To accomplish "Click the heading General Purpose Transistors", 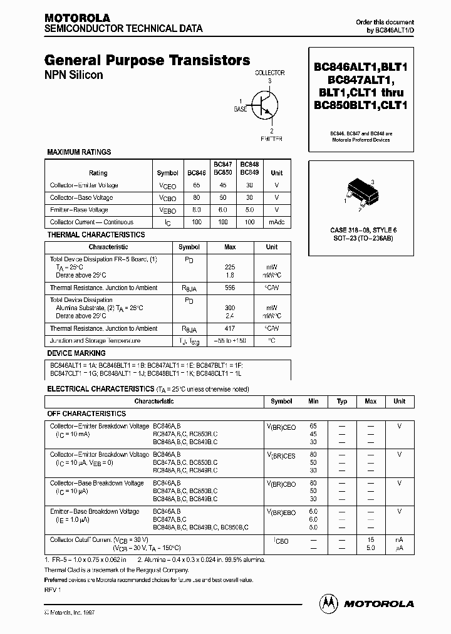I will pos(147,60).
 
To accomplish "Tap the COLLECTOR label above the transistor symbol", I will pos(269,73).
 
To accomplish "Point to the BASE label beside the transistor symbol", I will pos(241,109).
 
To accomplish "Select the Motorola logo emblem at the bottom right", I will pos(328,603).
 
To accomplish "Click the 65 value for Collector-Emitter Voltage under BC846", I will pos(196,185).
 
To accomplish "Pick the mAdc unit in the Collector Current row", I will pos(276,222).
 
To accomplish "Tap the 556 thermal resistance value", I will pos(229,288).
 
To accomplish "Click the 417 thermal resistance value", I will pos(229,328).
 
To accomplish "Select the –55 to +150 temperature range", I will pos(229,341).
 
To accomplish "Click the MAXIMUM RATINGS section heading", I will pos(79,152).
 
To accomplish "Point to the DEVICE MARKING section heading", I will pos(76,353).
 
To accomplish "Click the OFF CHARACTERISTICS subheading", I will pos(86,413).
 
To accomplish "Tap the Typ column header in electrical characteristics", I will pos(342,401).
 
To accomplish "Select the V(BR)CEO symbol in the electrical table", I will pos(281,427).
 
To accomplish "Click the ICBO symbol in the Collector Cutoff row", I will pos(281,541).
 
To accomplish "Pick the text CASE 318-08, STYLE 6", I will pos(363,231).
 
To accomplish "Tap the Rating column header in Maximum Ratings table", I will pos(98,173).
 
